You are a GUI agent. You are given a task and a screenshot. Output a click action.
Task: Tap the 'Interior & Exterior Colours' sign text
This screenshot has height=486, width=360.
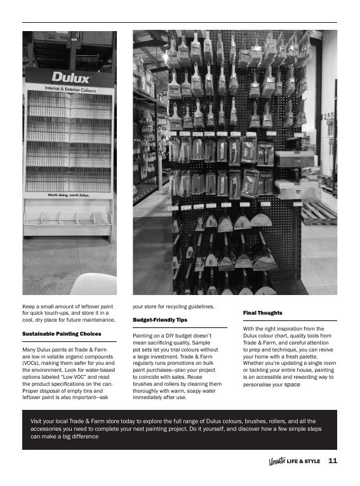[x=70, y=89]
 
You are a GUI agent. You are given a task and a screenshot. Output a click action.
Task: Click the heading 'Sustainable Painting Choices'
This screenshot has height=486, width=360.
[x=62, y=334]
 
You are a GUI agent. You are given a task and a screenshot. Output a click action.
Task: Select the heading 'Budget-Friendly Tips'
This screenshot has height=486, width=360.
[x=160, y=320]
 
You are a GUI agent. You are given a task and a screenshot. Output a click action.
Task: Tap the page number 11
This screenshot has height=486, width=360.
[x=332, y=461]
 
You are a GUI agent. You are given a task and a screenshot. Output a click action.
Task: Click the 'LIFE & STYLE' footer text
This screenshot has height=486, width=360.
[x=303, y=462]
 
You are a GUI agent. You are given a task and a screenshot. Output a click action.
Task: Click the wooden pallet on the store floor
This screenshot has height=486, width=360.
[x=318, y=213]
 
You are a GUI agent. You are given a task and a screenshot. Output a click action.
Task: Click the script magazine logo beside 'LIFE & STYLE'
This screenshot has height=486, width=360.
[x=277, y=461]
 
